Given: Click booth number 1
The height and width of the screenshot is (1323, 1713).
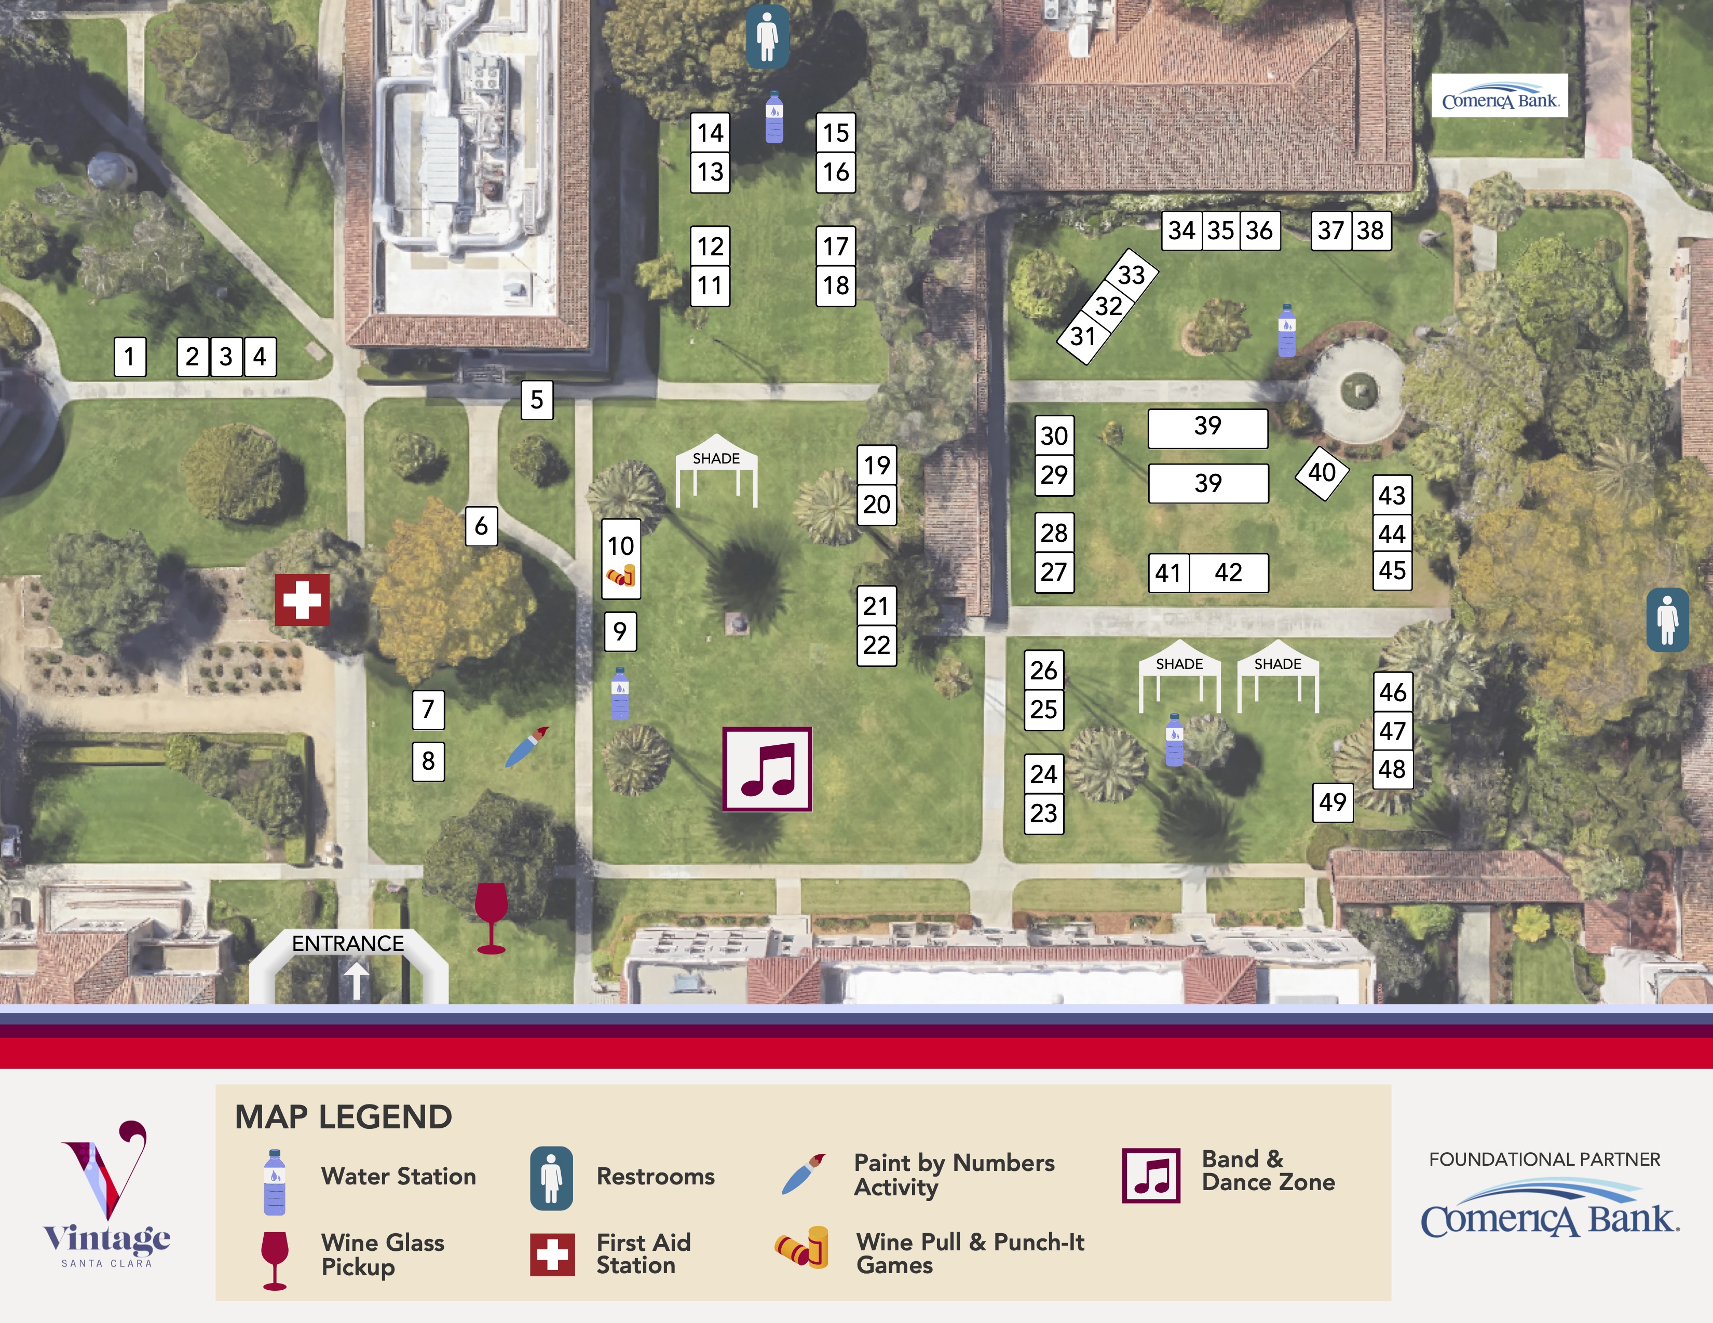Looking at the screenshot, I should pos(130,357).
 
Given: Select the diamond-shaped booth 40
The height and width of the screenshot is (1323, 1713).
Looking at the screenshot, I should pos(1322,472).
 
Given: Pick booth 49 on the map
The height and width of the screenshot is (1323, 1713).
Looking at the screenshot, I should pos(1333,802).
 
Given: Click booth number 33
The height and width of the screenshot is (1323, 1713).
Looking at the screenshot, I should pos(1131,275).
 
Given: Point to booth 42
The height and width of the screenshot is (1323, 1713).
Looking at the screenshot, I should pos(1228,572).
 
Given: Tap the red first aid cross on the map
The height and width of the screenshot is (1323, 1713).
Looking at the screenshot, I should pos(302,601).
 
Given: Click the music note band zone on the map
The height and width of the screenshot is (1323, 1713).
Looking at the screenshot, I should pos(767,769).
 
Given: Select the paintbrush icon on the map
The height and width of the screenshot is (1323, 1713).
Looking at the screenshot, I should pos(526,747).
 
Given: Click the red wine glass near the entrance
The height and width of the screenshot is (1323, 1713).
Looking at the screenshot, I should pos(491,918).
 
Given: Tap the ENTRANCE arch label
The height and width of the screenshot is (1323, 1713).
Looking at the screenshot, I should pos(348,944).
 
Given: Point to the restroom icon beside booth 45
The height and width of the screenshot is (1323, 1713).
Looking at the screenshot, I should pos(1667,620).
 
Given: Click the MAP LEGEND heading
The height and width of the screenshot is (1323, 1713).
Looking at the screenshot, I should pos(344,1117).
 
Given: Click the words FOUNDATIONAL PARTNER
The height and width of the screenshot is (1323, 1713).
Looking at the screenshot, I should pos(1544,1159).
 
